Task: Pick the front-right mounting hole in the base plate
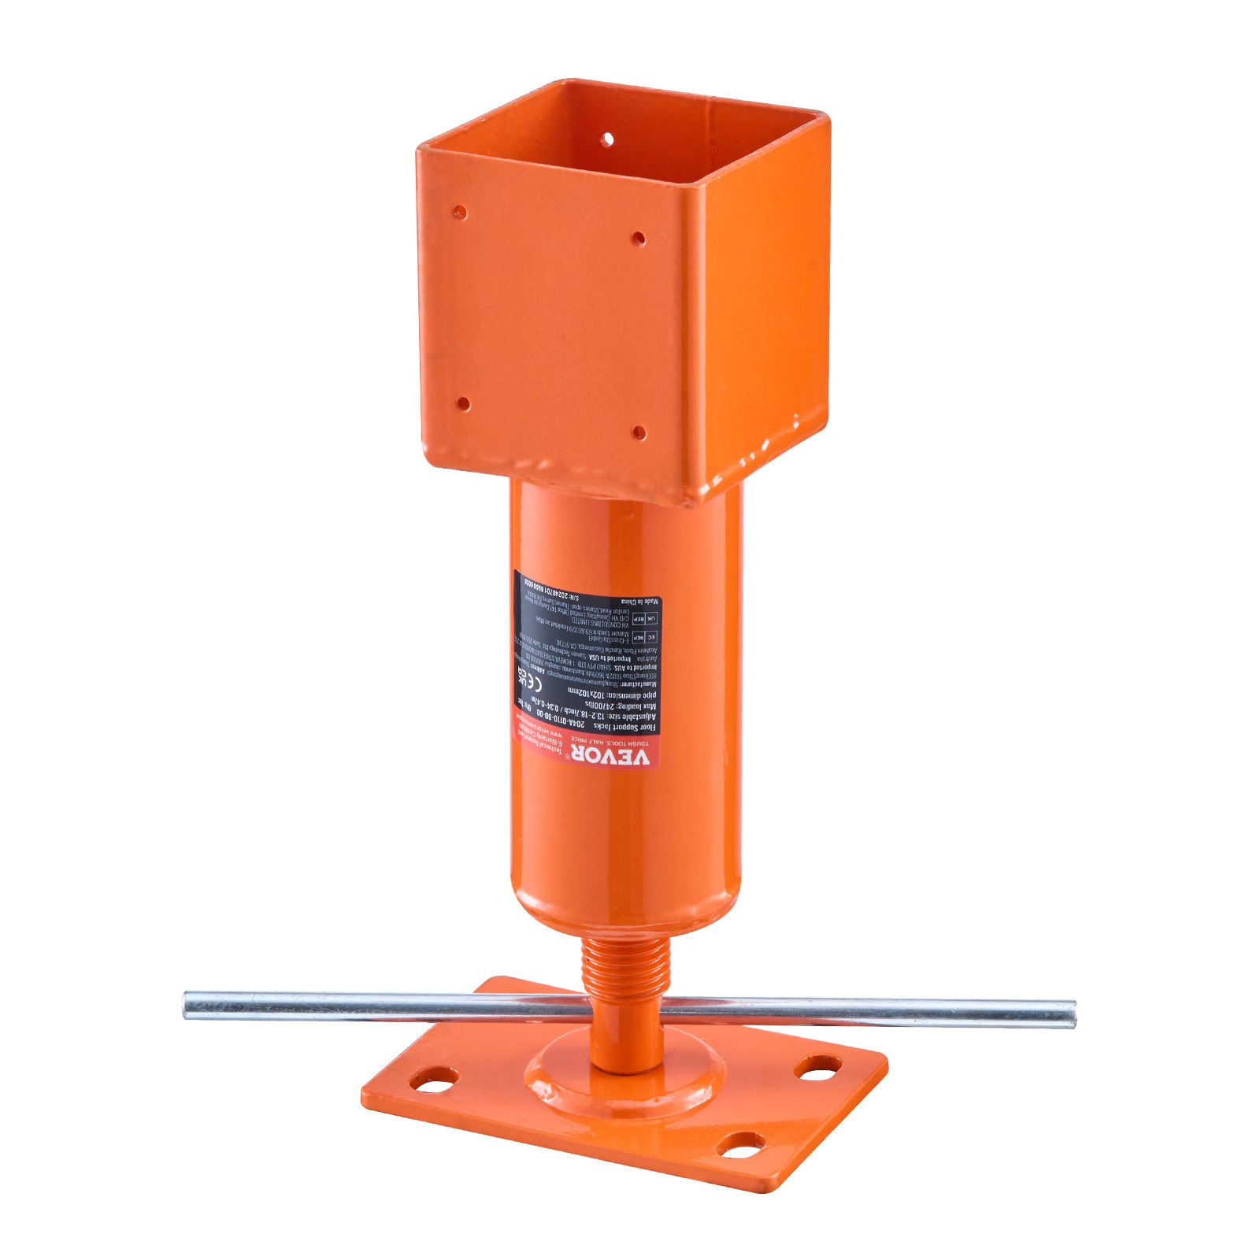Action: [x=743, y=1143]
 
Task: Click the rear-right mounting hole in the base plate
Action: [x=817, y=1068]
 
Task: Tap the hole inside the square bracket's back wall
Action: [x=608, y=139]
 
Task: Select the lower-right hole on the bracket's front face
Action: [x=639, y=431]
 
